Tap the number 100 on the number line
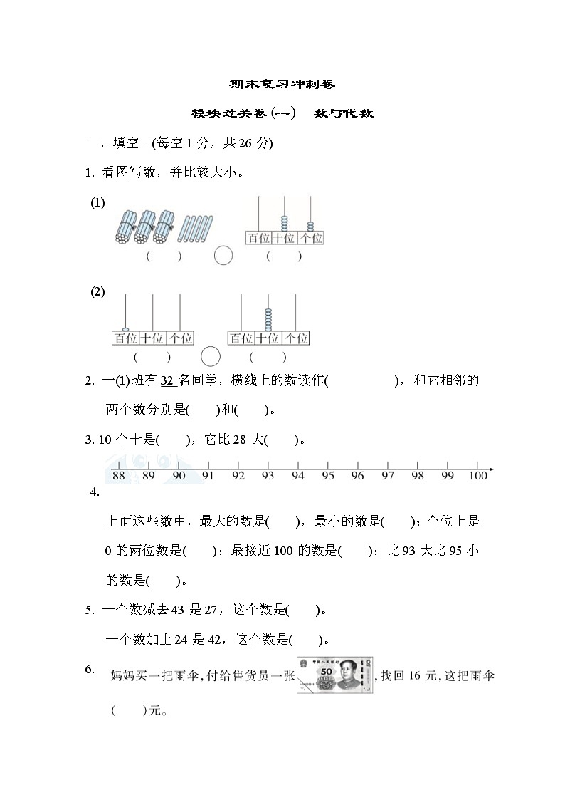click(x=478, y=476)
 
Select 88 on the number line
click(x=119, y=476)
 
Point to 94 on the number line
click(x=297, y=476)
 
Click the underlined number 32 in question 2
click(x=168, y=380)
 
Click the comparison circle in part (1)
click(x=223, y=255)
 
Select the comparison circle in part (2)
click(x=211, y=356)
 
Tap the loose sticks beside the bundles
click(x=195, y=229)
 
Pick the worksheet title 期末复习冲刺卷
click(x=282, y=84)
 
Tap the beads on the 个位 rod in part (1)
click(x=310, y=227)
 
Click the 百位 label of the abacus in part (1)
click(x=258, y=238)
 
